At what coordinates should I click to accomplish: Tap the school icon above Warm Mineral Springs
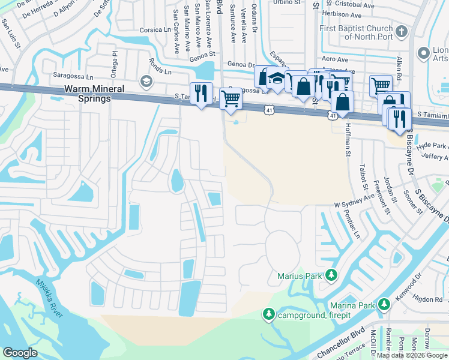pyautogui.click(x=146, y=80)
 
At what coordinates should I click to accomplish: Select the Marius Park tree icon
pyautogui.click(x=330, y=276)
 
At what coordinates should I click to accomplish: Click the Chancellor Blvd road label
pyautogui.click(x=342, y=340)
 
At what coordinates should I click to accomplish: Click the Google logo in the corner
pyautogui.click(x=20, y=352)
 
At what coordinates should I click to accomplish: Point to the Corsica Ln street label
pyautogui.click(x=155, y=29)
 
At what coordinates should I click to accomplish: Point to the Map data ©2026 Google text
pyautogui.click(x=411, y=355)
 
